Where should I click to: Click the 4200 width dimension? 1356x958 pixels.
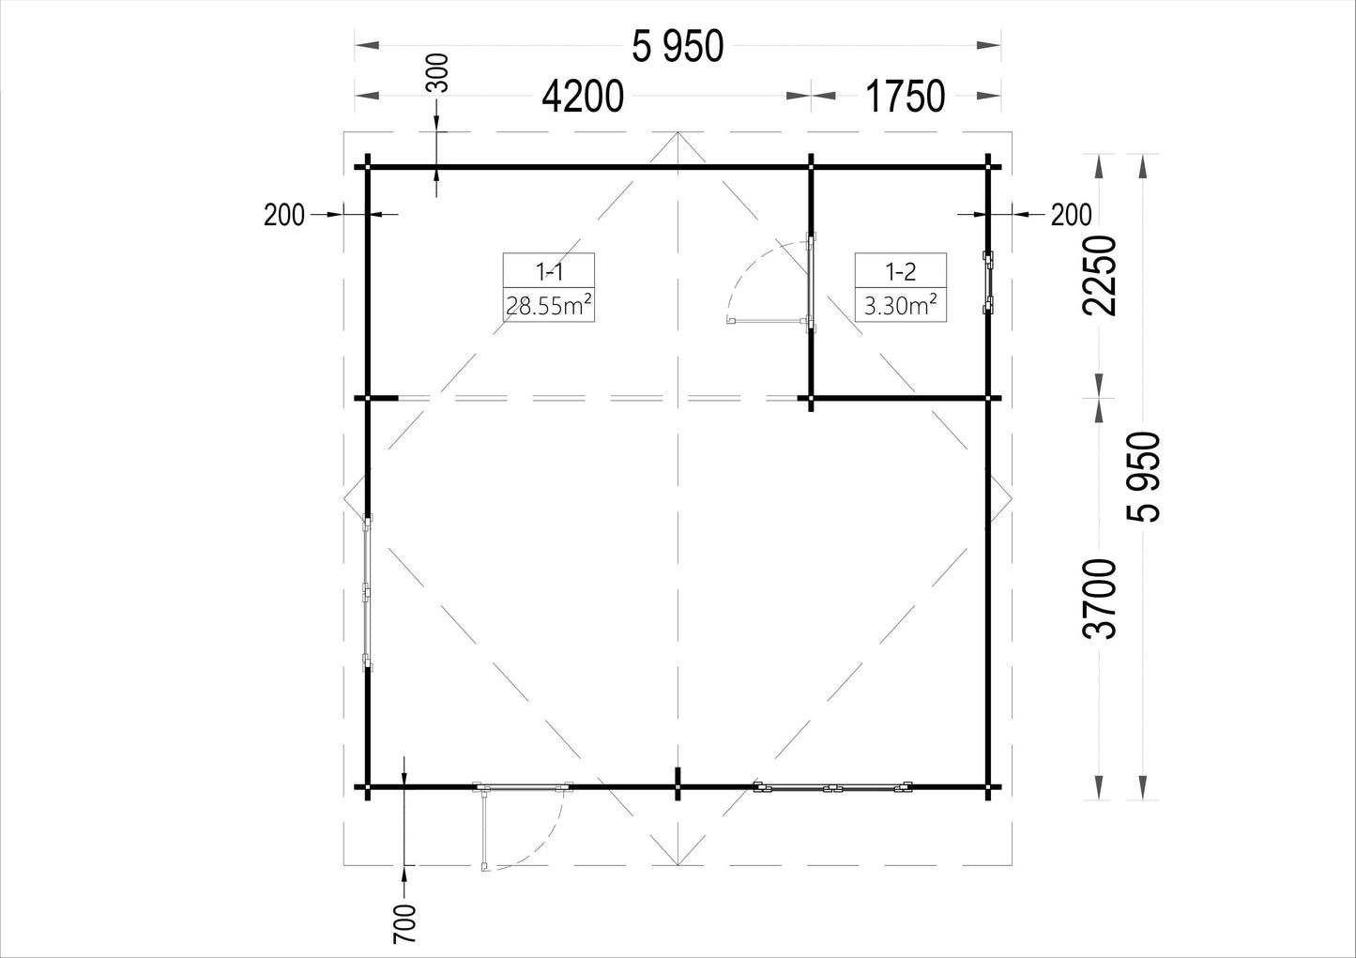pos(583,97)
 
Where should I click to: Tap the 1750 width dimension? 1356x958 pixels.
pos(905,97)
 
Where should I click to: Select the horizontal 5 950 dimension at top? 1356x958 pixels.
pos(678,47)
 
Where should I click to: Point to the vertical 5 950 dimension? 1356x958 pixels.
pos(1143,477)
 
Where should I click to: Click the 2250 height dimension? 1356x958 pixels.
pos(1099,275)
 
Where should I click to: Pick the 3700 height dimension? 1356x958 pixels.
pos(1099,600)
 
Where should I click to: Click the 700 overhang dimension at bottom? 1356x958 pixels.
pos(405,924)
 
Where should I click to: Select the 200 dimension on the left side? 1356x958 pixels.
pos(284,215)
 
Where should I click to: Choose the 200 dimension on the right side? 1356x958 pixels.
pos(1071,215)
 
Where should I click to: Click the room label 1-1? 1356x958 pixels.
pos(549,272)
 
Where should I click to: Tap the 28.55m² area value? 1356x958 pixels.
pos(548,306)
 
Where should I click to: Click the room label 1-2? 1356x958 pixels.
pos(901,272)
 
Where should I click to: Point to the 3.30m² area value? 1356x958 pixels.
pos(901,306)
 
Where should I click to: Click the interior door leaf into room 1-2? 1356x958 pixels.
pos(769,320)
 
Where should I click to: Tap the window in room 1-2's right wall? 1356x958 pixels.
pos(988,282)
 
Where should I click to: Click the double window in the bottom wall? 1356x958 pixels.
pos(833,788)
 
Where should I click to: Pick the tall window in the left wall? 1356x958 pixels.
pos(367,593)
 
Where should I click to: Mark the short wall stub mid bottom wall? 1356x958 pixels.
pos(678,783)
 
